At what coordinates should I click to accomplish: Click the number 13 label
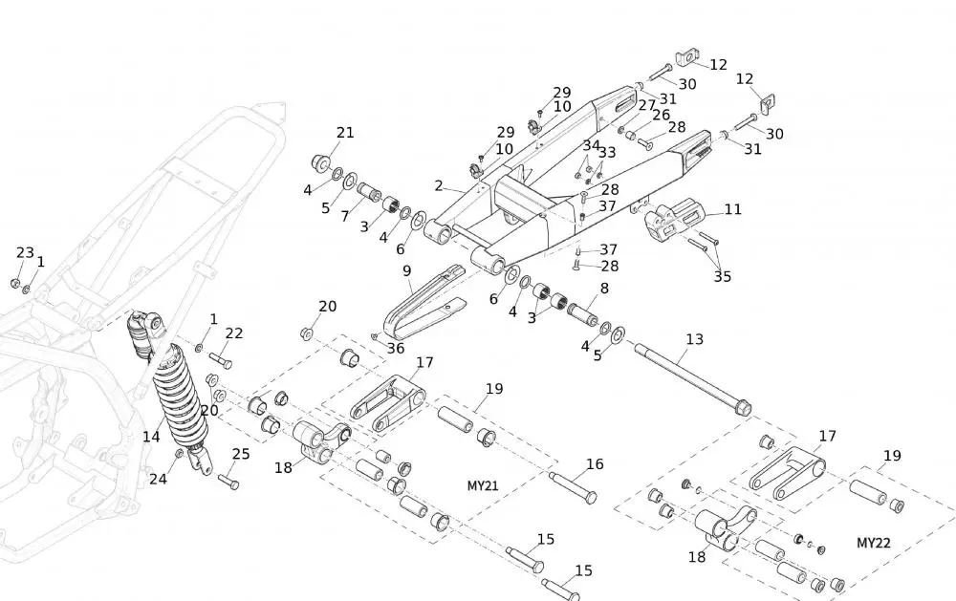tap(695, 339)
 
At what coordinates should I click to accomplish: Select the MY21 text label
tap(483, 485)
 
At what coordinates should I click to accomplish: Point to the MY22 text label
tap(874, 543)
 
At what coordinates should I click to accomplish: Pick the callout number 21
tap(345, 133)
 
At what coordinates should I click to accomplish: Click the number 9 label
tap(407, 271)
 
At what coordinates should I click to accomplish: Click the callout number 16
tap(595, 464)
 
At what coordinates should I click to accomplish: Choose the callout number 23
tap(25, 252)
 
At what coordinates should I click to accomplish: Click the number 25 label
tap(241, 454)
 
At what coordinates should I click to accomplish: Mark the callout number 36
tap(396, 348)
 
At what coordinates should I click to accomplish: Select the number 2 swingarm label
tap(439, 185)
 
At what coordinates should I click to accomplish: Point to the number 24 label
tap(158, 479)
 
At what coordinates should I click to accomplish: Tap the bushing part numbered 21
tap(322, 158)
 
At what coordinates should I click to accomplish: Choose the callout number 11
tap(732, 209)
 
